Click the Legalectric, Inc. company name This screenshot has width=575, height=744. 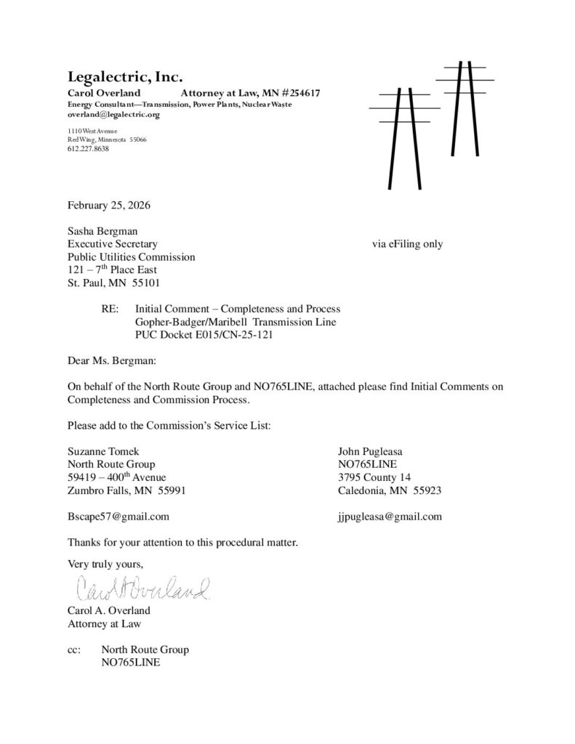[x=125, y=76]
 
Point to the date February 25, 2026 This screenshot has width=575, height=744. [x=109, y=206]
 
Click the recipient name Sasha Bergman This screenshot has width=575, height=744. [x=103, y=231]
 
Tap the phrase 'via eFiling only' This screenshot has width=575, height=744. [x=407, y=244]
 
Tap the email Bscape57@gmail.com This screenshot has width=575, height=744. [x=118, y=517]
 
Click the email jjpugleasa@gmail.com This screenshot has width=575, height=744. [x=390, y=517]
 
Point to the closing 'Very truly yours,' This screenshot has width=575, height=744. [x=105, y=563]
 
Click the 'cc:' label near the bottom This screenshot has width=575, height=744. [x=76, y=650]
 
